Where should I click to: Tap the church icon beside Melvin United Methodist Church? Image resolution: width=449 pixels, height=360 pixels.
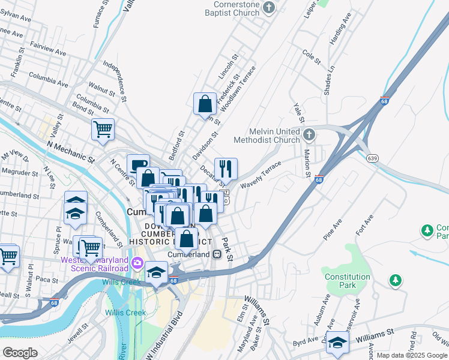click(309, 134)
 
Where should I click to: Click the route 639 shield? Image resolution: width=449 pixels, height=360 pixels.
click(372, 157)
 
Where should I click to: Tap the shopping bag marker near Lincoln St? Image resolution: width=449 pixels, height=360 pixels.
click(205, 104)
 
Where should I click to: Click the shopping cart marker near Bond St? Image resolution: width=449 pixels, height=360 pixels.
click(103, 129)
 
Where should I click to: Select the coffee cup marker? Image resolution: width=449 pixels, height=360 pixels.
click(138, 165)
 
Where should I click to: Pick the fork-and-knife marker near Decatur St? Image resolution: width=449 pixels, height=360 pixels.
click(226, 167)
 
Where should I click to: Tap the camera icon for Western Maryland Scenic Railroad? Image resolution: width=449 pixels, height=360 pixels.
click(138, 262)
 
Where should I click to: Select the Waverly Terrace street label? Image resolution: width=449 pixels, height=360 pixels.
click(261, 175)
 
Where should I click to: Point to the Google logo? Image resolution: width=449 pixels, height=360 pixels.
click(20, 352)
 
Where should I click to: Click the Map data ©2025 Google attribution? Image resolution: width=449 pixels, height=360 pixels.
click(412, 355)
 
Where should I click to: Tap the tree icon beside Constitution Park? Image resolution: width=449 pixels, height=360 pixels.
click(396, 280)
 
